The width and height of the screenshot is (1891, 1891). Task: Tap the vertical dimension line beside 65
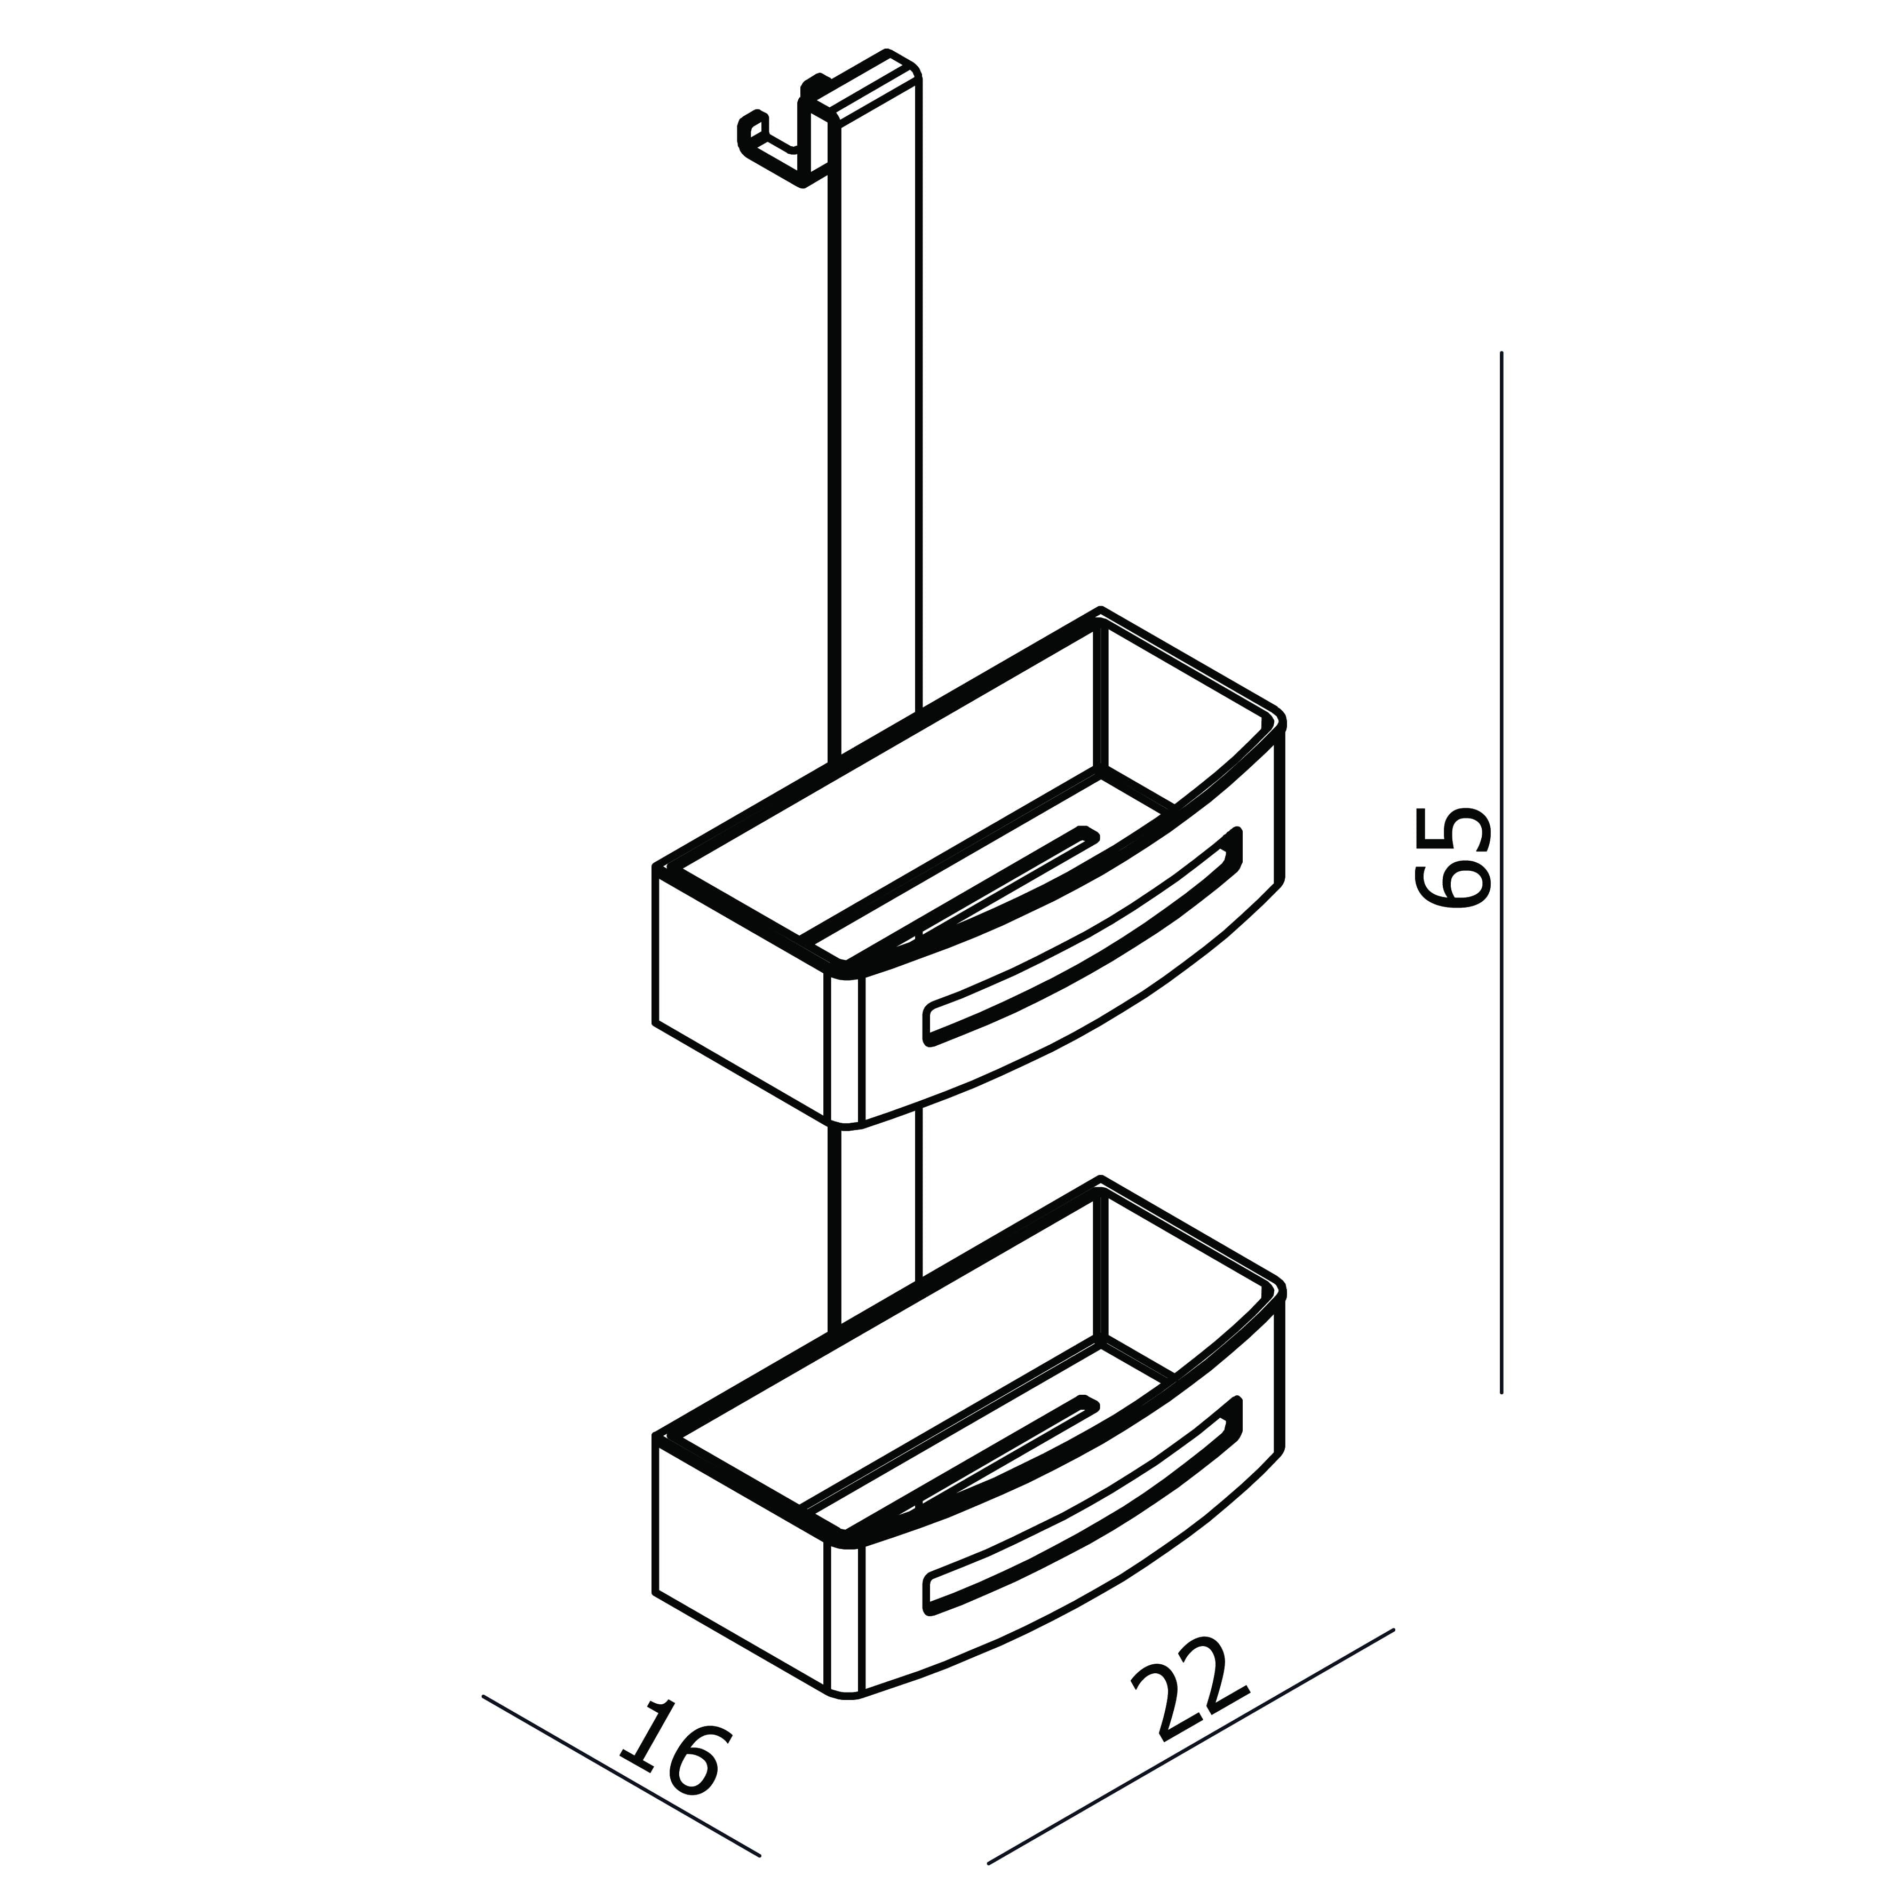[x=1501, y=871]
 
